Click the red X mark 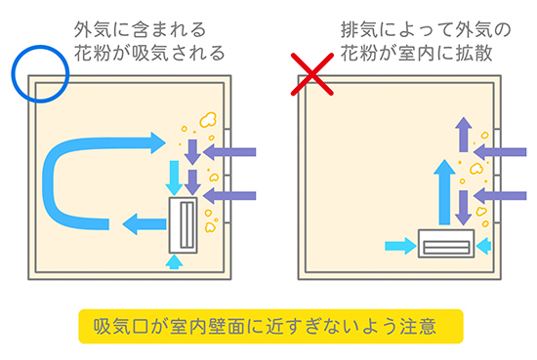point(312,74)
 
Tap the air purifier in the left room point(184,224)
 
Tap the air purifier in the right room point(446,243)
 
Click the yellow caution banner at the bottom point(270,326)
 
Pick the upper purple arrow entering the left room point(229,152)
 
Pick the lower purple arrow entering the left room point(229,196)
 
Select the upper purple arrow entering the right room point(500,152)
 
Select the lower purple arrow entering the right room point(500,196)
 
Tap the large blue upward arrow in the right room point(444,192)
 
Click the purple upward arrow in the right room point(464,134)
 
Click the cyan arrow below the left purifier point(174,261)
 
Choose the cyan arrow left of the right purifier point(400,246)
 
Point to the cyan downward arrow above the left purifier point(174,178)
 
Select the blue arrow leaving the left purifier point(145,224)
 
